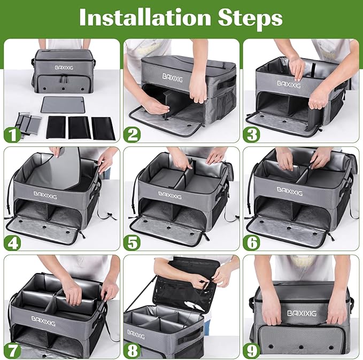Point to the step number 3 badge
pos(252,133)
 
